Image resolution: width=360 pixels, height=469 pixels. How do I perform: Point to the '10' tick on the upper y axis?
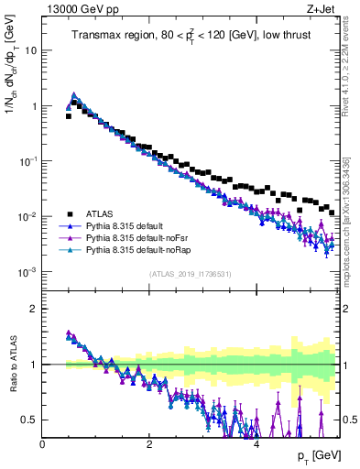coord(31,49)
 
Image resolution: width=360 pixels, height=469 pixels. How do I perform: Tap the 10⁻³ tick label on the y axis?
coord(28,272)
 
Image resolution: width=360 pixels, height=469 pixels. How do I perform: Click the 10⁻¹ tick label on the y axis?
coord(28,161)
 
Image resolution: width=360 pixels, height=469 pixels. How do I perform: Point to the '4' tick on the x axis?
coord(256,443)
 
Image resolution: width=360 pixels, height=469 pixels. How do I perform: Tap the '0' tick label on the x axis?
coord(43,443)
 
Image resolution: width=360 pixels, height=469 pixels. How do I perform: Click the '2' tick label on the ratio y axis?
coord(34,309)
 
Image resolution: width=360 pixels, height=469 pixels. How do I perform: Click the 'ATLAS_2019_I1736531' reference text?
coord(190,274)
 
